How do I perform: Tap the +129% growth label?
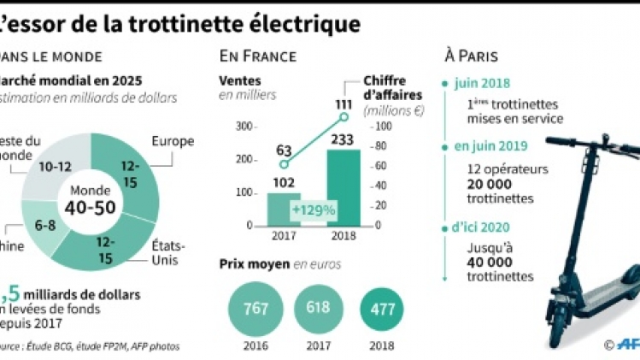click(x=312, y=210)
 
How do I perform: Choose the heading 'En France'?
click(x=258, y=56)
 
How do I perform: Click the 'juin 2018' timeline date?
click(x=483, y=84)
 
